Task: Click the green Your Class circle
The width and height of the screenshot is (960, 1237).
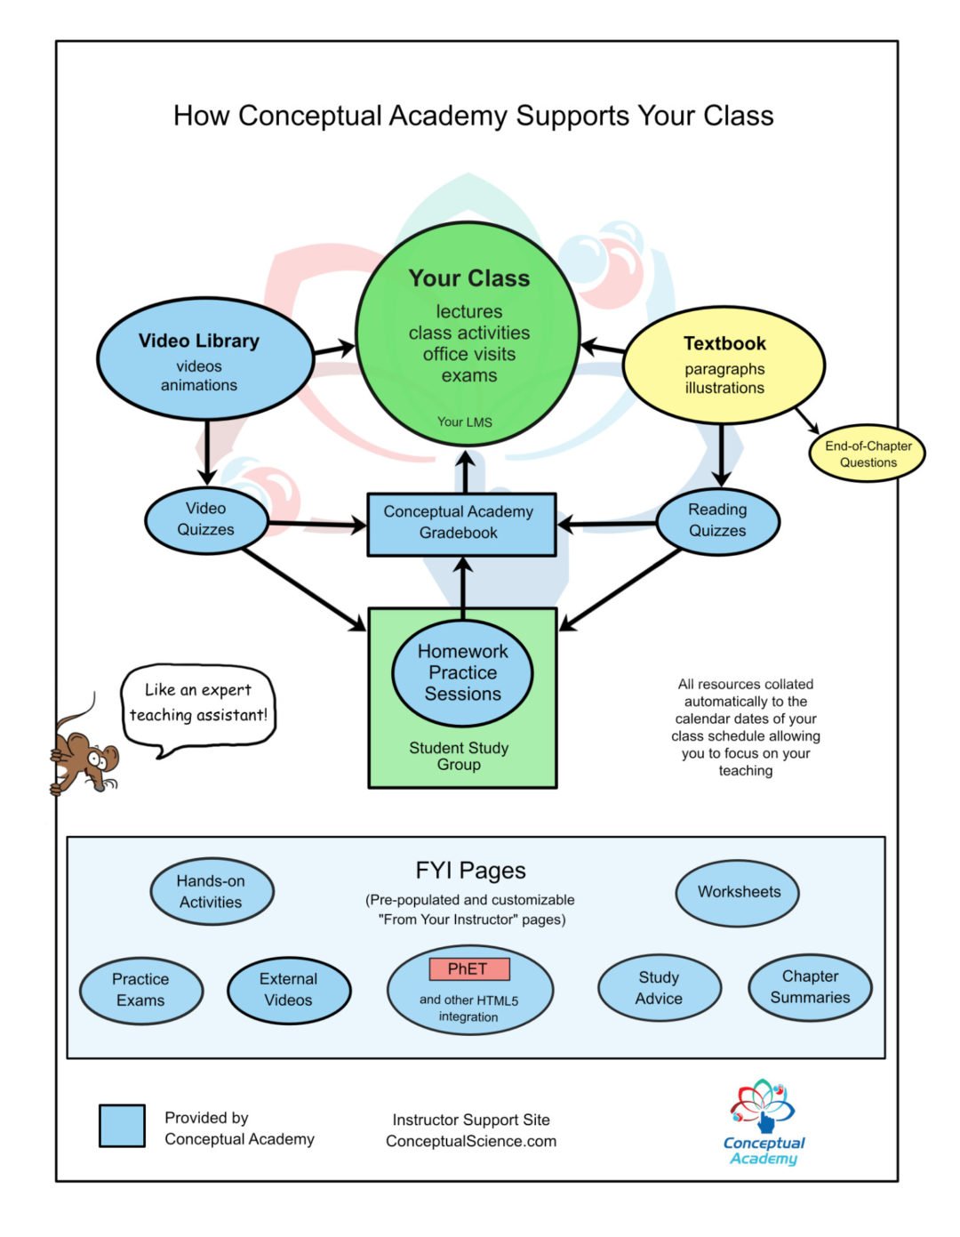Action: click(x=468, y=333)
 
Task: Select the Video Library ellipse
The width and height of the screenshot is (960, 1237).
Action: click(x=204, y=359)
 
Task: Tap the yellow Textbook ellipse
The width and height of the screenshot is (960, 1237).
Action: click(x=724, y=364)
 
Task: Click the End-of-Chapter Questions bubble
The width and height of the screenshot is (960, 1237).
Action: click(x=867, y=454)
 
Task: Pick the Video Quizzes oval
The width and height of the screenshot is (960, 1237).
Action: click(x=206, y=519)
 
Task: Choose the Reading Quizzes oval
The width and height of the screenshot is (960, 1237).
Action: click(x=717, y=520)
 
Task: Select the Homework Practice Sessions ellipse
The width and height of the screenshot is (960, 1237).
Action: click(x=462, y=672)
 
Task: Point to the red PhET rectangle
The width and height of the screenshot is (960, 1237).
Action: click(x=469, y=968)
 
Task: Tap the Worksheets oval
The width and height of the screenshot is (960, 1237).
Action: click(x=738, y=892)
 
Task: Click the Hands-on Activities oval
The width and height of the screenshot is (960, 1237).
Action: click(x=212, y=891)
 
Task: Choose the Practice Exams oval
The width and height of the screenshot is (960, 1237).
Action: click(x=141, y=989)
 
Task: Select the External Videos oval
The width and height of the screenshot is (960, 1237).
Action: click(x=289, y=989)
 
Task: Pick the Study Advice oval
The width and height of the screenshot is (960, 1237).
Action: click(x=659, y=988)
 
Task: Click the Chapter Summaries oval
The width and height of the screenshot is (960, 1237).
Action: click(x=810, y=987)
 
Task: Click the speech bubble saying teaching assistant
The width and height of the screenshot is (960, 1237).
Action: click(x=198, y=704)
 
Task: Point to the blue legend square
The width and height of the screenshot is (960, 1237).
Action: click(x=122, y=1126)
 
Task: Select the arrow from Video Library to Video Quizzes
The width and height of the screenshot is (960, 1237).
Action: click(x=207, y=452)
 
